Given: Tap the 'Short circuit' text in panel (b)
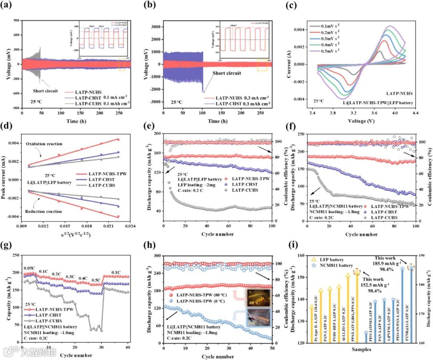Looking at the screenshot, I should [227, 73].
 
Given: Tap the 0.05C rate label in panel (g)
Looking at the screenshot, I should [28, 268].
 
